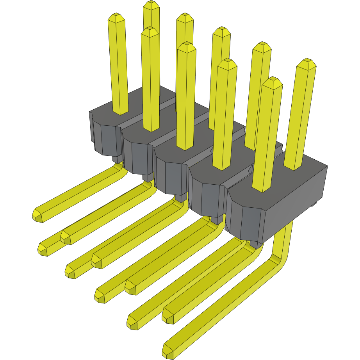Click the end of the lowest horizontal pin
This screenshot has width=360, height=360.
(x=168, y=351)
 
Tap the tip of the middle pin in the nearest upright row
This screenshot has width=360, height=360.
(x=186, y=48)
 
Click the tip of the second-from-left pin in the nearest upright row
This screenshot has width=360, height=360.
(x=150, y=32)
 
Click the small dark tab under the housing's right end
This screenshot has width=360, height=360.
(x=314, y=204)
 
